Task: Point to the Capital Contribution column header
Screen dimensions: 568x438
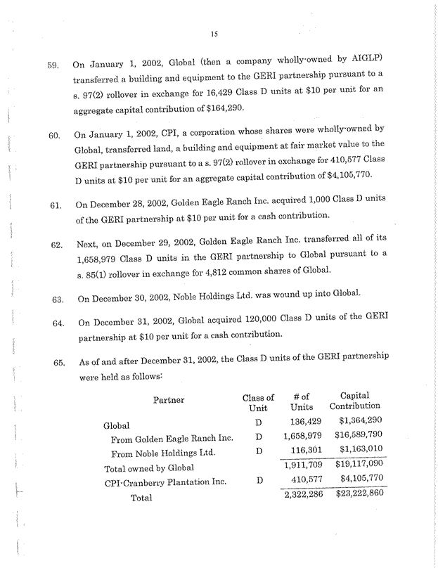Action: pos(354,401)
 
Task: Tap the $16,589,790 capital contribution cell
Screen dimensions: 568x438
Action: pos(354,437)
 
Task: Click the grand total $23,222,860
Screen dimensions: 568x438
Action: pos(354,494)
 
